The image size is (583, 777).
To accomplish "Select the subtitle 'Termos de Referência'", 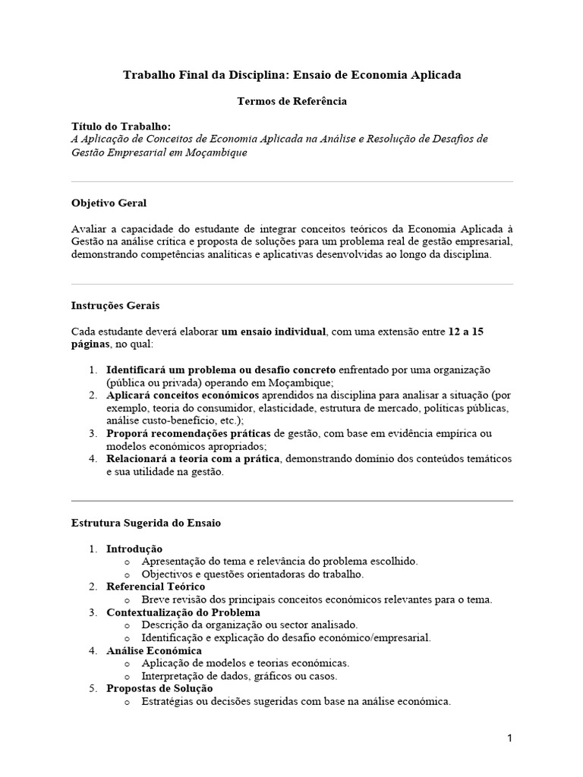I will pos(291,100).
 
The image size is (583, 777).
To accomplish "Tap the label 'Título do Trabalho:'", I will pos(121,126).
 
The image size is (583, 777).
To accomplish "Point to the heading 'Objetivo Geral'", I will pos(109,203).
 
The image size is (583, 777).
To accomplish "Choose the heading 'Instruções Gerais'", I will pos(115,306).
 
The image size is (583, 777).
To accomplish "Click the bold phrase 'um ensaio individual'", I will pos(274,332).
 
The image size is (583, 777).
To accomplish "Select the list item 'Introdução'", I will pos(134,549).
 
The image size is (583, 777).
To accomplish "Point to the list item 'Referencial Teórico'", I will pos(155,587).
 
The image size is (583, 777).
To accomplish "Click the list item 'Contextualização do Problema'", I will pos(183,612).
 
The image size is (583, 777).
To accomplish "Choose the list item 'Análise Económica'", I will pos(153,650).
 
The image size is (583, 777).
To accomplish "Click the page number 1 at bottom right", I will pos(511,738).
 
